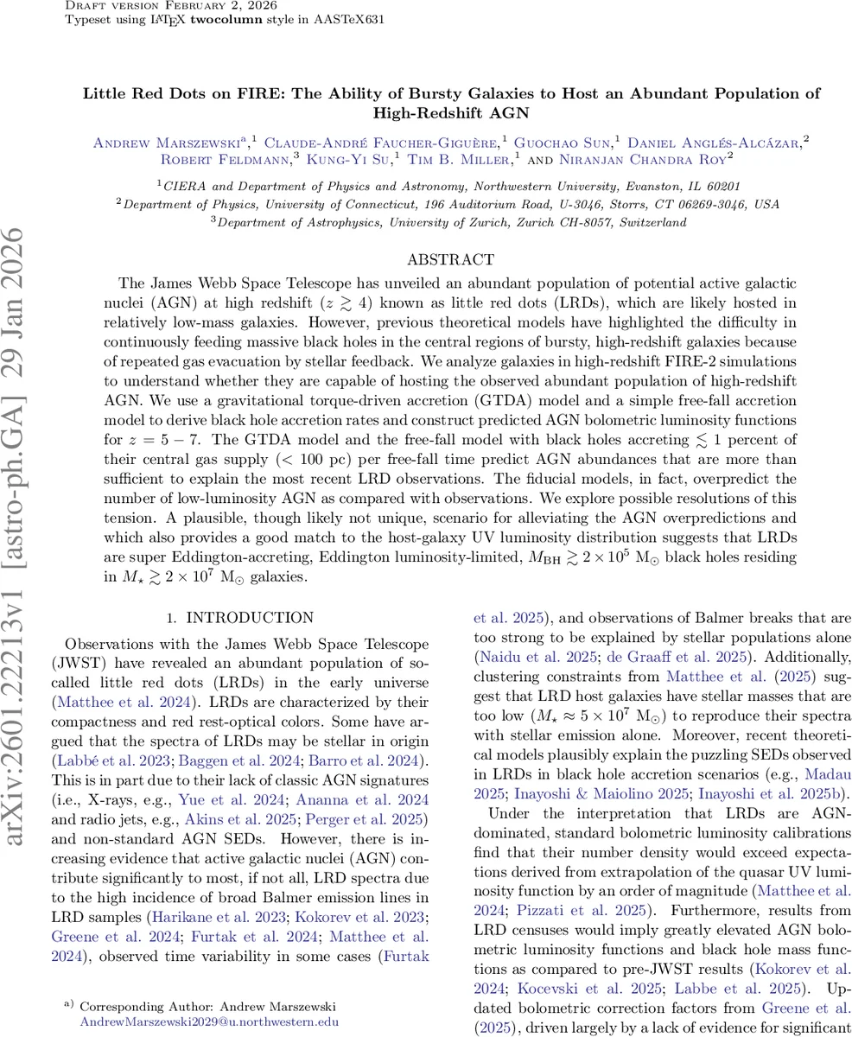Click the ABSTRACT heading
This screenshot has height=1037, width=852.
click(x=450, y=259)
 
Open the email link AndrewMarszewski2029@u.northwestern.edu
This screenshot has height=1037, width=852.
click(x=209, y=1021)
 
